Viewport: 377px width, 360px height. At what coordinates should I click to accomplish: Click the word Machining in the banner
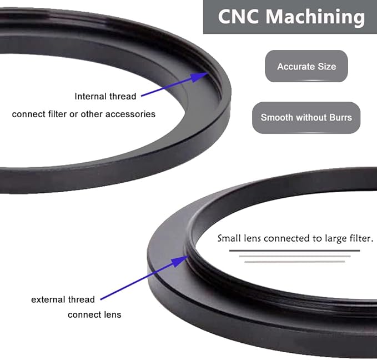point(315,17)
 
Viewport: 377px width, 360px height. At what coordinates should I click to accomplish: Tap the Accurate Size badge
point(306,66)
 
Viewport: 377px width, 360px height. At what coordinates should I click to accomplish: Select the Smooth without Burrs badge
point(306,117)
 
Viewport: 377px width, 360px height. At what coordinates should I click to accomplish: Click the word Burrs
point(341,117)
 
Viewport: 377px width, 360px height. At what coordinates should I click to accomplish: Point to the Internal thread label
point(105,96)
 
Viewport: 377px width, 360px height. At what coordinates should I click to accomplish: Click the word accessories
point(130,114)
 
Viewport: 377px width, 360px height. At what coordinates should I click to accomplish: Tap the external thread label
point(63,299)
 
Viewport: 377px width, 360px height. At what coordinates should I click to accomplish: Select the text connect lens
point(94,314)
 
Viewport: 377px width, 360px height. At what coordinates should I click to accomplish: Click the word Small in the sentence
point(229,238)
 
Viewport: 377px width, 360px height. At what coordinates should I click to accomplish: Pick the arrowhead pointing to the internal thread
point(199,77)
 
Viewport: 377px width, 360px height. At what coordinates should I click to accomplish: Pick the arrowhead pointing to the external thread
point(180,261)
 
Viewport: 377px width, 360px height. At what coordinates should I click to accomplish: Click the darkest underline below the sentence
point(294,251)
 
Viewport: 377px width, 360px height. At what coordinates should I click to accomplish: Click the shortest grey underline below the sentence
point(295,262)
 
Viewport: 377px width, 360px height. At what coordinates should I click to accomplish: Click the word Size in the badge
point(326,67)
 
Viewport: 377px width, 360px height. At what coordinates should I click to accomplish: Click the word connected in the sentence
point(287,238)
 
